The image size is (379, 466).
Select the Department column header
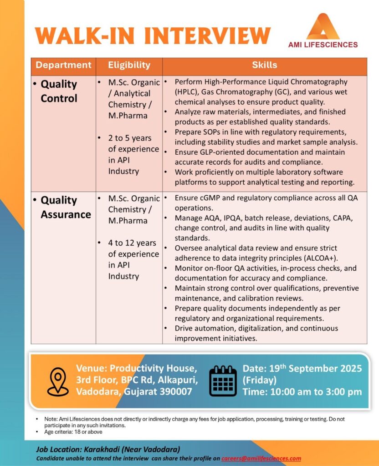[x=63, y=65]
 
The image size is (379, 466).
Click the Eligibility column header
[x=129, y=65]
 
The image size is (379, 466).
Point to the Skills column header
[x=264, y=65]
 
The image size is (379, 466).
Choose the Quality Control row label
[x=59, y=91]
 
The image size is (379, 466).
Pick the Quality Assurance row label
[x=66, y=207]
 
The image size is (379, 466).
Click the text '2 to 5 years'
[x=130, y=138]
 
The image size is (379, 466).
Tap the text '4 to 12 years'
[x=132, y=243]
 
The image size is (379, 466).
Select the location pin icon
[x=57, y=381]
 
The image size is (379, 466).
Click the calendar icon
[x=223, y=380]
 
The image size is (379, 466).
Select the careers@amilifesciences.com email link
[x=261, y=458]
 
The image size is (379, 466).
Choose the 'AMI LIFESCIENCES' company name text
[x=323, y=45]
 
